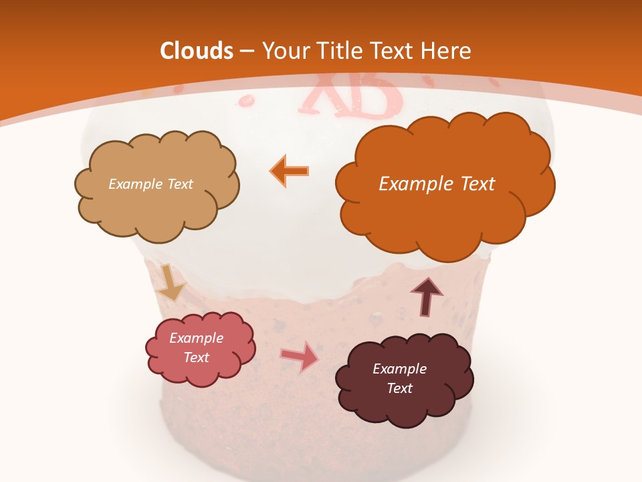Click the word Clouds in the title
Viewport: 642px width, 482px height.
(x=197, y=51)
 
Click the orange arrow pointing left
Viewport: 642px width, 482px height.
(x=290, y=170)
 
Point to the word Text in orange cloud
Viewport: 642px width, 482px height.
(x=477, y=184)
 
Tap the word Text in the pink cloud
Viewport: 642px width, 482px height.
(x=197, y=358)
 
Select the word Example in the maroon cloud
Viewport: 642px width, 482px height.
(x=399, y=369)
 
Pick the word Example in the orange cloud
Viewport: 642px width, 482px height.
(x=416, y=184)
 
